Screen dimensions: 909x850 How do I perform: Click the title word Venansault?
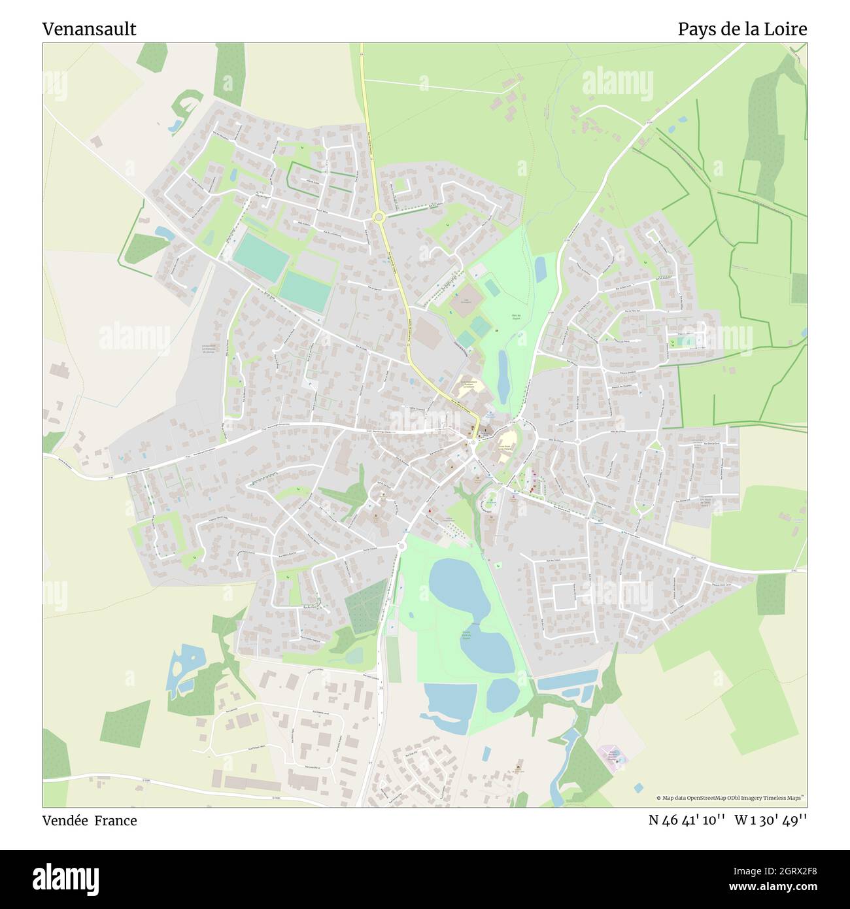90,29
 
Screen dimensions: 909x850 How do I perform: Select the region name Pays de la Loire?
742,29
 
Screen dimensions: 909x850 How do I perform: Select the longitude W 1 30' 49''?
771,820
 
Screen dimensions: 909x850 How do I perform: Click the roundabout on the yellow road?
378,216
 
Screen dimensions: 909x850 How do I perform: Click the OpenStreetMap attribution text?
731,798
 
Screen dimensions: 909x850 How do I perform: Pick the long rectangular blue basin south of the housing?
568,681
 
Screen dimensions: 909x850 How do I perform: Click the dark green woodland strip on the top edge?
230,72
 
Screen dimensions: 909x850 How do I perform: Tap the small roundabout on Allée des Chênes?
577,441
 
